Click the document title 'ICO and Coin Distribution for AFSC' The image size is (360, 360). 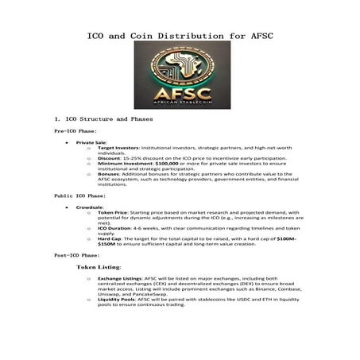tap(180, 37)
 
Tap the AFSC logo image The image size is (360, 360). tap(180, 76)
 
